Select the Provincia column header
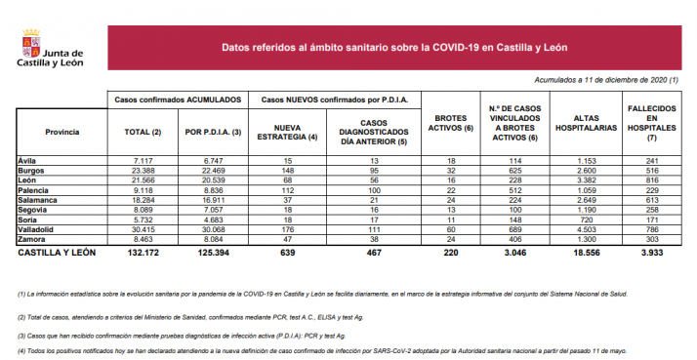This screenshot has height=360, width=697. coord(61,130)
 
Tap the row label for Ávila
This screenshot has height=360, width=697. coord(28,160)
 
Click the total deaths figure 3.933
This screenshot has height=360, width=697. coord(650,252)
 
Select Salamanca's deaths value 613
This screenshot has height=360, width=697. coord(650,198)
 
